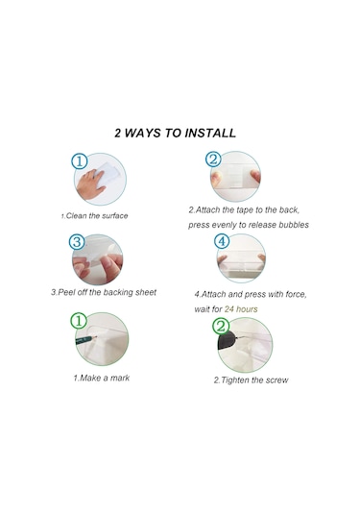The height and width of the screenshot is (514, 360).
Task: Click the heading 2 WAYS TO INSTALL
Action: (175, 133)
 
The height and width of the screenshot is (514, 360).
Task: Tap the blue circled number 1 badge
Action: (80, 161)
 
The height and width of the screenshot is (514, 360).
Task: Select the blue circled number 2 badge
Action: (213, 159)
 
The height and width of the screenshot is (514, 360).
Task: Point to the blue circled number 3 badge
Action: (77, 242)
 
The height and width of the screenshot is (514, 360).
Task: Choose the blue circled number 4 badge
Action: (222, 241)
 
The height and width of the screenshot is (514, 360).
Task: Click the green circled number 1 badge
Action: (79, 321)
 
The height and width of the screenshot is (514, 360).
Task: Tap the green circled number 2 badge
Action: (221, 326)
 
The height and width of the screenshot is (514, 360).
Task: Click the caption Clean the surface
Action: (95, 216)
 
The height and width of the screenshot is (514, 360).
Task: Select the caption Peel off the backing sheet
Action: (104, 292)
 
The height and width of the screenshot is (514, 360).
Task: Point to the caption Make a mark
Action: (102, 378)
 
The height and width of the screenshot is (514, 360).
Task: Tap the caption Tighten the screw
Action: (252, 379)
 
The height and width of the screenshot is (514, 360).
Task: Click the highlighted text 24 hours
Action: (241, 309)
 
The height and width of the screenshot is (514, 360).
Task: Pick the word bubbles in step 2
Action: (294, 225)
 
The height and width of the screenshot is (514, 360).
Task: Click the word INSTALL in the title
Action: (210, 133)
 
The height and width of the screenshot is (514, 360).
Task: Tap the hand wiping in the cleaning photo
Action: (89, 184)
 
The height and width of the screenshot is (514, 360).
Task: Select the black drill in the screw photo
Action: (227, 342)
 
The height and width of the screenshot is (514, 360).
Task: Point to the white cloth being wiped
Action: (108, 173)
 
